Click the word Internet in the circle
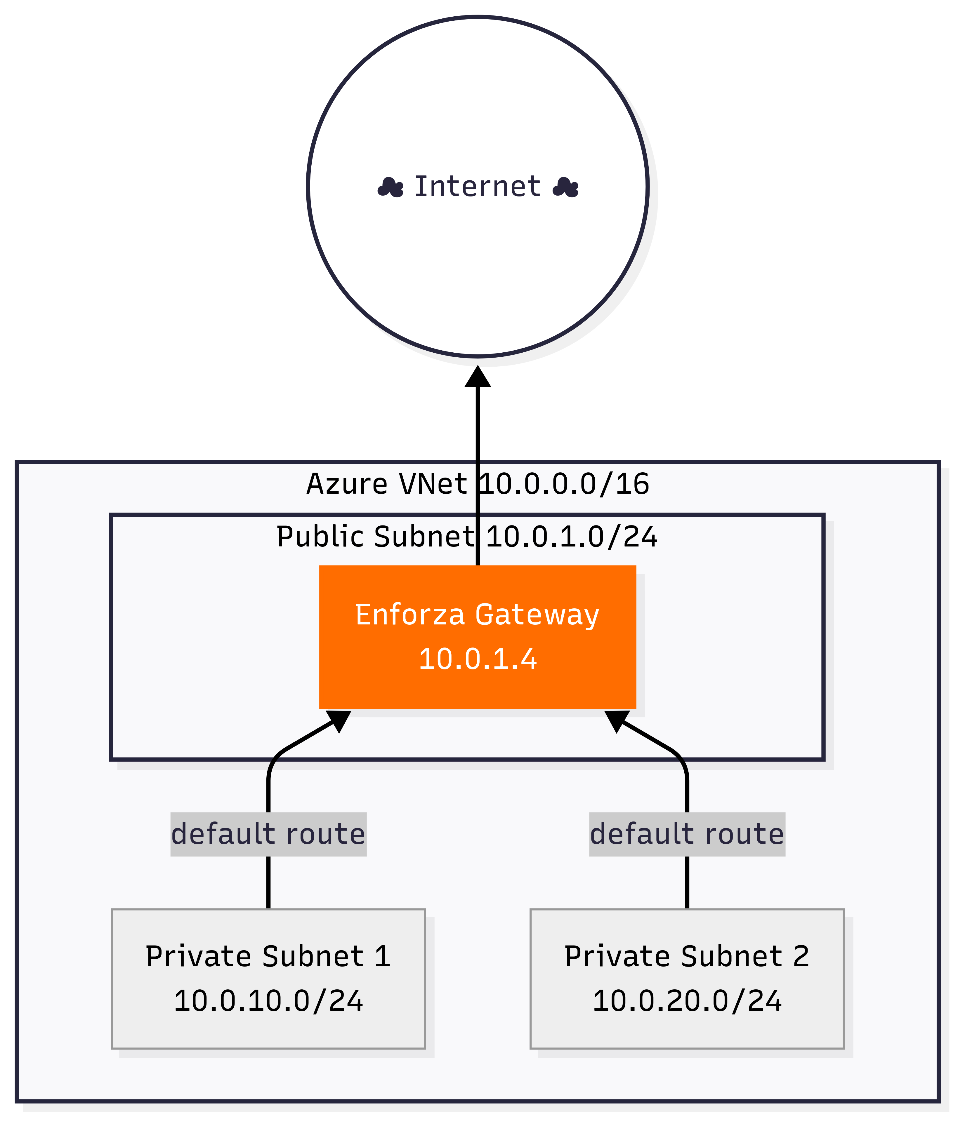tap(477, 187)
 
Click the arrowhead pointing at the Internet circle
tap(477, 377)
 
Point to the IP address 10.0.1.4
tap(477, 659)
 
